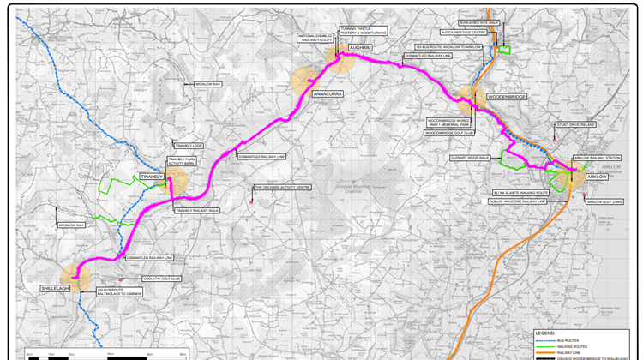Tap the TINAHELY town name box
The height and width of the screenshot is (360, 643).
[151, 177]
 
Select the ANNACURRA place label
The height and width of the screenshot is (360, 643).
[328, 92]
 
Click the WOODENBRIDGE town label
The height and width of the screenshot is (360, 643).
[506, 98]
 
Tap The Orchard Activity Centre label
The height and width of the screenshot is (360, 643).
[281, 188]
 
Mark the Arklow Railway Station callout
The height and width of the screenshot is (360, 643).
[596, 158]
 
